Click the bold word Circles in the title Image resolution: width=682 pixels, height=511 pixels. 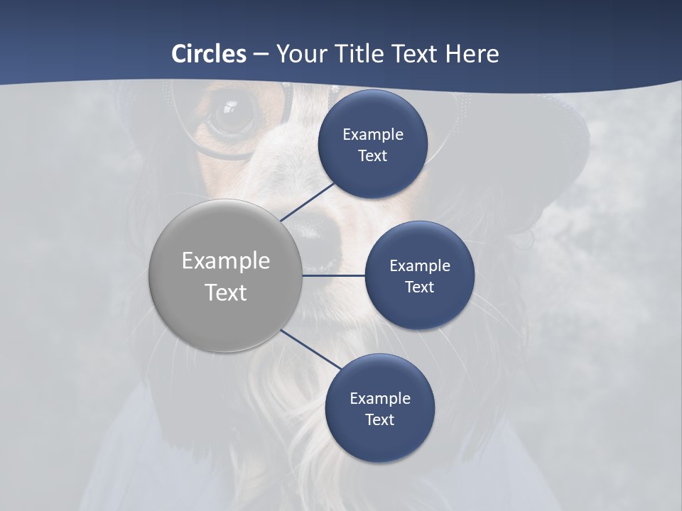click(x=209, y=54)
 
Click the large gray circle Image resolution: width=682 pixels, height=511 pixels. click(x=225, y=275)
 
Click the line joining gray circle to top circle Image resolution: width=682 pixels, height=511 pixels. click(x=307, y=202)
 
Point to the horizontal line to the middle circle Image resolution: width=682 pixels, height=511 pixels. click(x=334, y=275)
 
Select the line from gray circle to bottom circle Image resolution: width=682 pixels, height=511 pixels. click(x=311, y=350)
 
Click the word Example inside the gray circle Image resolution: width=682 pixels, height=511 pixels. click(x=226, y=261)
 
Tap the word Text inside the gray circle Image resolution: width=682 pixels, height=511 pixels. click(x=226, y=292)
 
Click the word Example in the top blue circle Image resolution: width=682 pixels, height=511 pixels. click(x=373, y=135)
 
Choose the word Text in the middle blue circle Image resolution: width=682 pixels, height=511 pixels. click(x=419, y=287)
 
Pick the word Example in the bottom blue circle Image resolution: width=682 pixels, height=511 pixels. click(x=380, y=399)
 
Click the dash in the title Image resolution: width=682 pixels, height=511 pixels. click(x=261, y=54)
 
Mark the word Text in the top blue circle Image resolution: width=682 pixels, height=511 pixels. click(x=372, y=156)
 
